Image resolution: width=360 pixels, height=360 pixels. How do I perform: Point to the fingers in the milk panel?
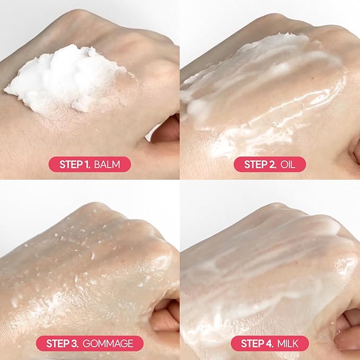coord(347,318)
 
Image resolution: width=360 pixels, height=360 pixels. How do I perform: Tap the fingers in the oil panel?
coord(354,151)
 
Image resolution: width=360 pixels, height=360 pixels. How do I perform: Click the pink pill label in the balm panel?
coord(89,164)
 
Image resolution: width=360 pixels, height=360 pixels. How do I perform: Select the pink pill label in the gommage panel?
coord(90,343)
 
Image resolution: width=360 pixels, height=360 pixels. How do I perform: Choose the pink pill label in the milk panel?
coord(270,343)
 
